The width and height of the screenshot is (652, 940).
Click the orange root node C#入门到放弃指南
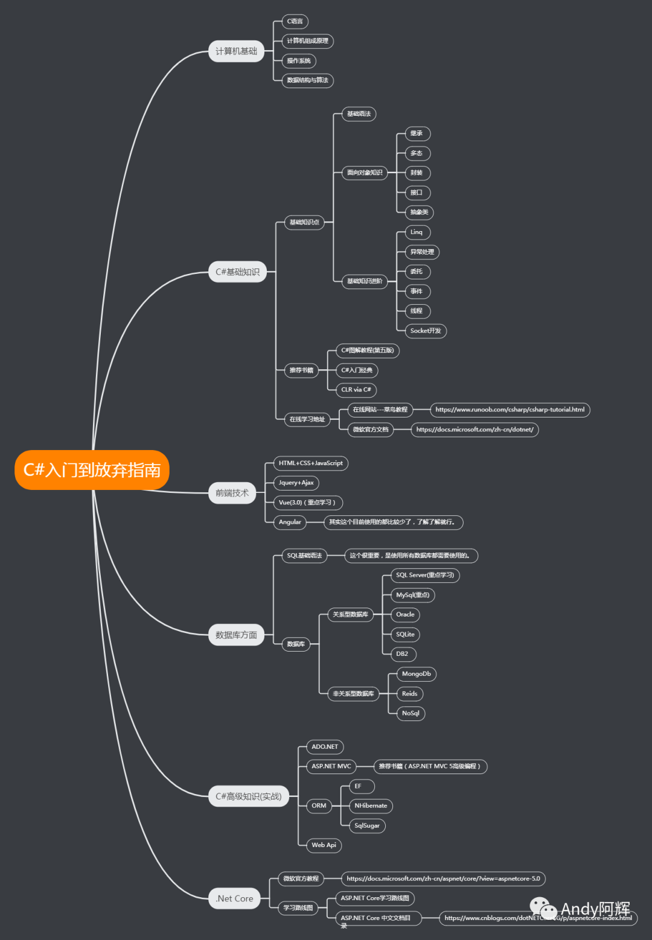[x=92, y=470]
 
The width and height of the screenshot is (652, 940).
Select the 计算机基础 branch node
[x=237, y=51]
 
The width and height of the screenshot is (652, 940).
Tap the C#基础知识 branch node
[x=237, y=272]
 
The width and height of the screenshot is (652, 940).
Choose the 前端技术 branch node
[x=232, y=493]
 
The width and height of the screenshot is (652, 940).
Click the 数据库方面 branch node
[x=236, y=635]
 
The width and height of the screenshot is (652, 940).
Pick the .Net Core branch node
[x=234, y=898]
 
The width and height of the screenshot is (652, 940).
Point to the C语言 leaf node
[x=295, y=22]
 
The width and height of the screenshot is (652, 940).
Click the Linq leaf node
[x=417, y=232]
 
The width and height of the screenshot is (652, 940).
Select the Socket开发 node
[x=426, y=331]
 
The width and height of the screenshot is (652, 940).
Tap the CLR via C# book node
[x=356, y=390]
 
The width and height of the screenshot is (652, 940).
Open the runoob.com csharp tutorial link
[x=510, y=410]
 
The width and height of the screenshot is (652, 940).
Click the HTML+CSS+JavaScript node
[x=310, y=463]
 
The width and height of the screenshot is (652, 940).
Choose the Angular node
[x=290, y=522]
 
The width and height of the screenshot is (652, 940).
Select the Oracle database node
[x=405, y=615]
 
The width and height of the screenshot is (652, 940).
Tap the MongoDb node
[x=417, y=674]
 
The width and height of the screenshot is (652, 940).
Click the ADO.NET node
[x=325, y=747]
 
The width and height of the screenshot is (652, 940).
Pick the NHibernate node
[x=371, y=805]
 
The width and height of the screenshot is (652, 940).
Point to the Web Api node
[x=324, y=845]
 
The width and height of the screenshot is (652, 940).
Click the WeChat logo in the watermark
[x=543, y=909]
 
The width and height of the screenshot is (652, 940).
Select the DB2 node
[x=402, y=654]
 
